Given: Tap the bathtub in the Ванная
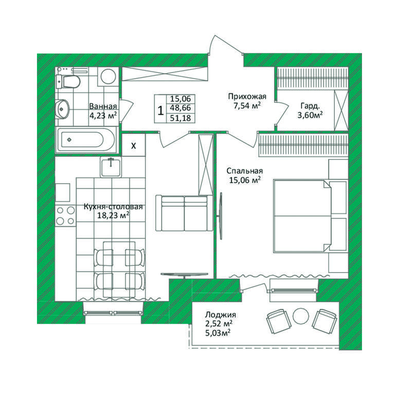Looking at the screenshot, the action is click(x=86, y=140).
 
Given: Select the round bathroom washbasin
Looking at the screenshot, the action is click(x=62, y=109).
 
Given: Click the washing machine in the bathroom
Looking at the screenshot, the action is click(x=109, y=76).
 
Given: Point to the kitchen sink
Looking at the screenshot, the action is click(x=111, y=167).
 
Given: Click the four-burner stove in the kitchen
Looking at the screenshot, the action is click(x=65, y=216).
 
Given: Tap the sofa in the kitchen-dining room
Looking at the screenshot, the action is click(x=184, y=213).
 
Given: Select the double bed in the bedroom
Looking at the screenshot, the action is click(x=302, y=216).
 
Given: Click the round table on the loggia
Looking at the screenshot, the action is click(x=301, y=316).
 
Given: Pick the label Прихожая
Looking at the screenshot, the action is click(x=247, y=96).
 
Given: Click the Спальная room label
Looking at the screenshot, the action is click(x=244, y=171).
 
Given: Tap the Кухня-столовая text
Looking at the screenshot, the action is click(x=113, y=207).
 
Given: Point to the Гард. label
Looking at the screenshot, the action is click(x=310, y=106).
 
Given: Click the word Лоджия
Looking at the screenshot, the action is click(x=221, y=315).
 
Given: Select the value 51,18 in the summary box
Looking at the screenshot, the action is click(x=181, y=118).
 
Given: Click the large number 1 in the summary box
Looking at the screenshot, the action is click(x=160, y=110).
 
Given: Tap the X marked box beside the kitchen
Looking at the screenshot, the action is click(x=134, y=146).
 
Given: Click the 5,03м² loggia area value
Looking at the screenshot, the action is click(x=218, y=333).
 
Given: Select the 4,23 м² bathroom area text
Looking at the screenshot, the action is click(x=103, y=115).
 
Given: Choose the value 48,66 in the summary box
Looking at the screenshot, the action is click(x=181, y=108).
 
